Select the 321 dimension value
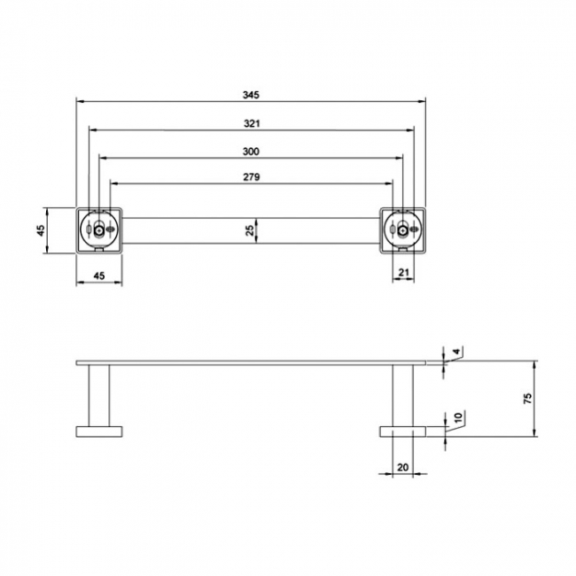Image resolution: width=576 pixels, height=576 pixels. tap(252, 123)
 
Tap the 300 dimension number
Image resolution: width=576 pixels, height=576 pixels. tap(252, 152)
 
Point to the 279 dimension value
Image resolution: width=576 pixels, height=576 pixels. tap(251, 178)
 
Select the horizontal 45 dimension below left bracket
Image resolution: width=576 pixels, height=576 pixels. tap(99, 276)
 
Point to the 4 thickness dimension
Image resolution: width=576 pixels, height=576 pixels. tap(455, 353)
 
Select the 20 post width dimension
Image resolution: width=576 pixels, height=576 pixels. tap(403, 466)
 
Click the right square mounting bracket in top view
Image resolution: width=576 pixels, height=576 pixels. tap(403, 230)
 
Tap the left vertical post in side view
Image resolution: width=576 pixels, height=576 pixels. tap(99, 395)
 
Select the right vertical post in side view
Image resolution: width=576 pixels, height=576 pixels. tap(403, 395)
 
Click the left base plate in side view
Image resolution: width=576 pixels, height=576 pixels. tap(99, 432)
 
